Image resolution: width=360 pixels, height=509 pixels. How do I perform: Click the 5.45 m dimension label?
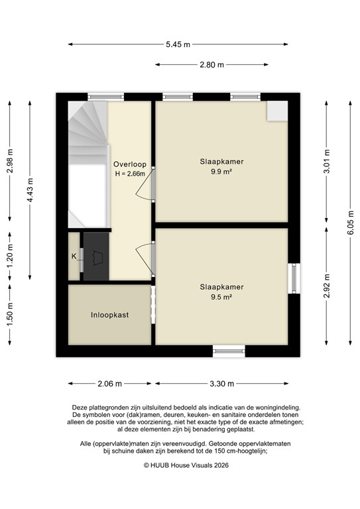178,44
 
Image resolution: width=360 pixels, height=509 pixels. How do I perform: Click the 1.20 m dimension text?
10,255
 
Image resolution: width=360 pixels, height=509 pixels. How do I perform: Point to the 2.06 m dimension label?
109,384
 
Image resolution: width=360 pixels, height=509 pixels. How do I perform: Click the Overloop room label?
130,164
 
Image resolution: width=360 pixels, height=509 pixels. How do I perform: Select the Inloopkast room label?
109,315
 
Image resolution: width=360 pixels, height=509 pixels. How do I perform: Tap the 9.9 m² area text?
222,171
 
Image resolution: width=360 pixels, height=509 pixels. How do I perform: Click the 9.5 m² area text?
222,298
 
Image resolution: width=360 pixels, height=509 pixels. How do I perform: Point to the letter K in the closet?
74,256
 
